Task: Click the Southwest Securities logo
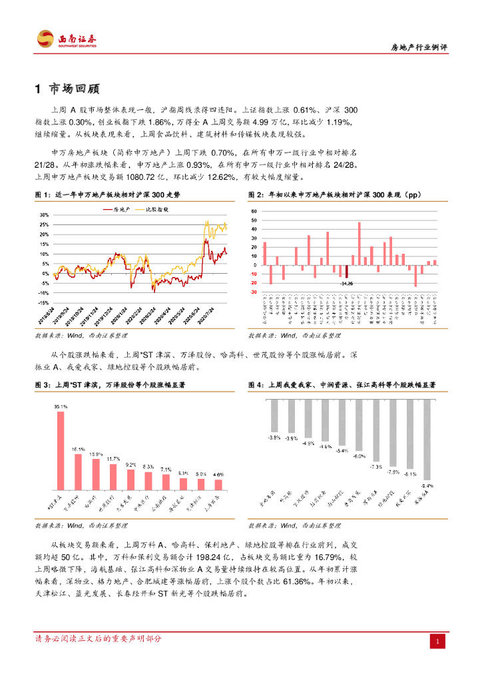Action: click(x=67, y=39)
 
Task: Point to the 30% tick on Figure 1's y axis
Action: click(x=44, y=215)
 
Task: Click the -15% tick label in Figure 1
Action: click(x=43, y=302)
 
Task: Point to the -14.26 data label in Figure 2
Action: click(x=346, y=284)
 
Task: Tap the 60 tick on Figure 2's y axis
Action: click(x=254, y=211)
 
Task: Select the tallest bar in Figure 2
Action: click(x=359, y=244)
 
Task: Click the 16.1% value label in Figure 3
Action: click(x=78, y=450)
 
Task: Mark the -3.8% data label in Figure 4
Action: click(x=274, y=438)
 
